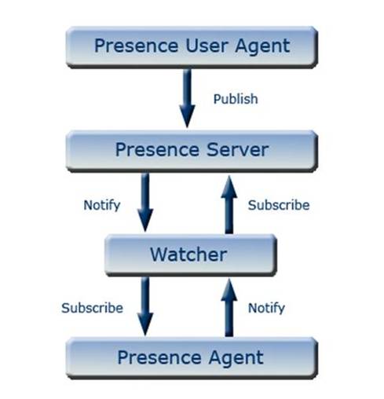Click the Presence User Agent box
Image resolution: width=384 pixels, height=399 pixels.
pos(192,46)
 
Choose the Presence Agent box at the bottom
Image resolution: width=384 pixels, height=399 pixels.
pos(192,358)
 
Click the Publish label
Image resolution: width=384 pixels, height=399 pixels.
pos(236,100)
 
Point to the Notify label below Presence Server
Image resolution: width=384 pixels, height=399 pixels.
pos(102,205)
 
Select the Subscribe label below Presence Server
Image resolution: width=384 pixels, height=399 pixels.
pos(279,205)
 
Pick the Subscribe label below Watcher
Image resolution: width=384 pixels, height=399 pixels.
pos(92,308)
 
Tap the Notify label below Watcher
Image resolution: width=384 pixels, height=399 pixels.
pos(267,308)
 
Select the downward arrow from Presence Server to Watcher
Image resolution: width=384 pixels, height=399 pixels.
pos(145,203)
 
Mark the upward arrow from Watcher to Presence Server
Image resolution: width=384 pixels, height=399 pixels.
pos(229,204)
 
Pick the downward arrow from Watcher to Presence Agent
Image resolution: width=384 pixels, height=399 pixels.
pos(145,306)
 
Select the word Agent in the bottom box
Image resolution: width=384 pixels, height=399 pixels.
pos(236,358)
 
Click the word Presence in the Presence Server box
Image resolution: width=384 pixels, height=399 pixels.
pos(152,149)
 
